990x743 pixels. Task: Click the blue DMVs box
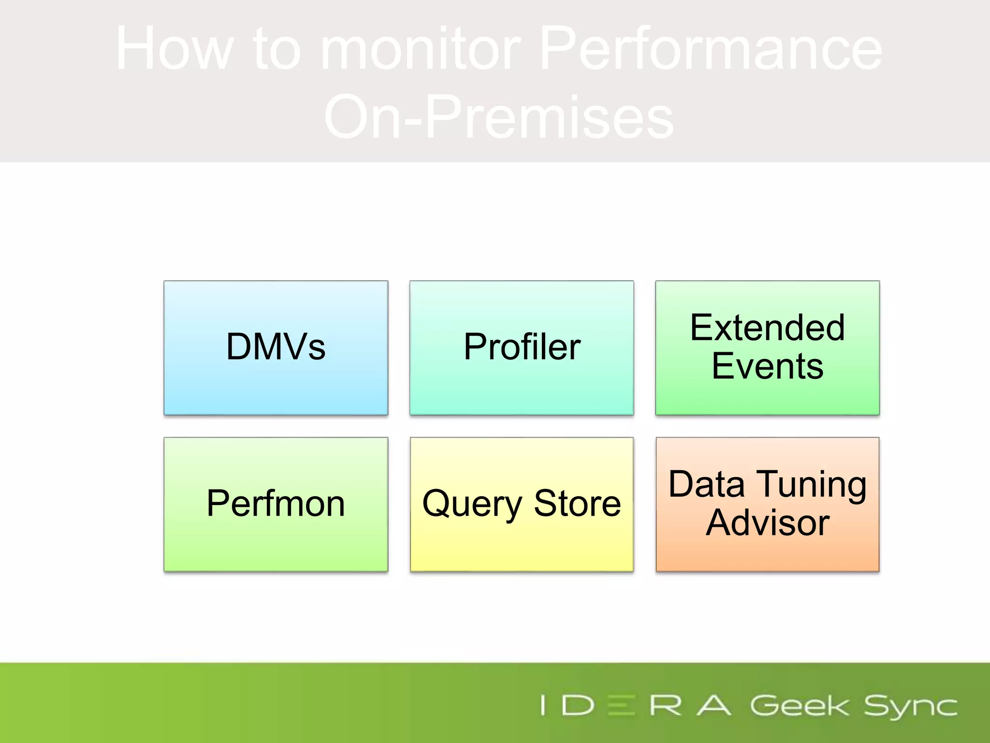[x=276, y=347]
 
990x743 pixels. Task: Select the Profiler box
[x=522, y=347]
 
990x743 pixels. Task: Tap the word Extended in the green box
[x=767, y=328]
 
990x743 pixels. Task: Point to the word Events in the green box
[x=767, y=366]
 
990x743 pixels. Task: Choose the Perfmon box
[x=276, y=504]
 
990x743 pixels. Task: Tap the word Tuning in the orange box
[x=812, y=485]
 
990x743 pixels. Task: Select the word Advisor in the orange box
[x=767, y=523]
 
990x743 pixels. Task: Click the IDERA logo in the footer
[x=636, y=705]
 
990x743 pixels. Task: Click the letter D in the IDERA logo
[x=578, y=705]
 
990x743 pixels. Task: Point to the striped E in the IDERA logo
[x=621, y=705]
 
